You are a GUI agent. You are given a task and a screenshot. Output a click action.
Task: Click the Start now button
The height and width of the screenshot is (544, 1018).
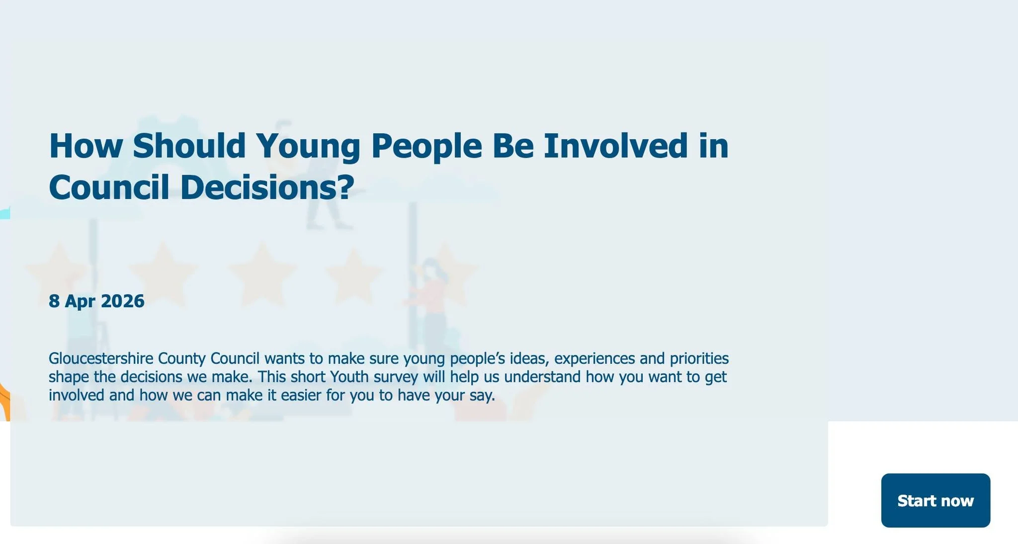[x=935, y=500]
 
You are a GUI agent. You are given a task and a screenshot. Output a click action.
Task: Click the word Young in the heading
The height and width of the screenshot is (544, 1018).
[x=308, y=146]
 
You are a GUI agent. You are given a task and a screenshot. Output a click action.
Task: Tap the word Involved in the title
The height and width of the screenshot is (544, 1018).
[x=615, y=146]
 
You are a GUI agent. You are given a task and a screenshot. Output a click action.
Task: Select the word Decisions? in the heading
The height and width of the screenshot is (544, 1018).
[x=267, y=188]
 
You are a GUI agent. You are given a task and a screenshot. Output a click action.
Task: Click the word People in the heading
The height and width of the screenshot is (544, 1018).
[x=426, y=146]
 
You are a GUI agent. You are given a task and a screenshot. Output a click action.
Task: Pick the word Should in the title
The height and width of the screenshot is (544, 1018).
[x=189, y=146]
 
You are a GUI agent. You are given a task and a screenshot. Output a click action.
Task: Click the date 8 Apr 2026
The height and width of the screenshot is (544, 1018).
[x=96, y=301]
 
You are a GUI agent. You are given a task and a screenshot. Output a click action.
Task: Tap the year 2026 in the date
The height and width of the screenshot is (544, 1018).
[x=122, y=301]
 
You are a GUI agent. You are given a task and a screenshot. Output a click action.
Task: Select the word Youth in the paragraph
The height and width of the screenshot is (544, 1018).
[x=349, y=377]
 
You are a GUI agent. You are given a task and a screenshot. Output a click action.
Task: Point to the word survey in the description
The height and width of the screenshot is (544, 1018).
[x=396, y=377]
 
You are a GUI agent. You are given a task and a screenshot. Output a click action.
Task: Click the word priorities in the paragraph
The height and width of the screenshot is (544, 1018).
[x=699, y=359]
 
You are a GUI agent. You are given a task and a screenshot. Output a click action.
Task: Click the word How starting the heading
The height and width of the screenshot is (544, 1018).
[x=85, y=146]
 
